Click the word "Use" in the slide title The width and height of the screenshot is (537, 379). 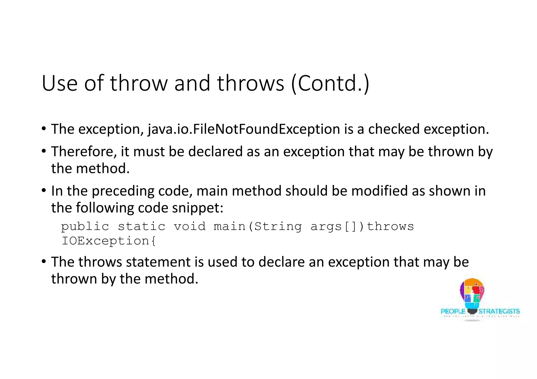pos(60,83)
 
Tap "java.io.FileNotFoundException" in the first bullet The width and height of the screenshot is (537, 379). pos(244,129)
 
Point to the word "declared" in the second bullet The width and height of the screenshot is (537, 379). pos(215,152)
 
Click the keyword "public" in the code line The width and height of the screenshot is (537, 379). pos(85,226)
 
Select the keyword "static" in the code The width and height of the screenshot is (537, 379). pos(142,226)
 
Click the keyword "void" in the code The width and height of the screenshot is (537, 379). pos(190,226)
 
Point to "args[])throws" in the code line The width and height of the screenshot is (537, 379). pos(362,226)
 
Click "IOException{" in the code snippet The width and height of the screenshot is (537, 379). pos(109,241)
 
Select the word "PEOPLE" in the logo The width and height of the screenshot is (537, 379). pos(453,311)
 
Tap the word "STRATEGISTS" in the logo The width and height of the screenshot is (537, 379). pos(499,311)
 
